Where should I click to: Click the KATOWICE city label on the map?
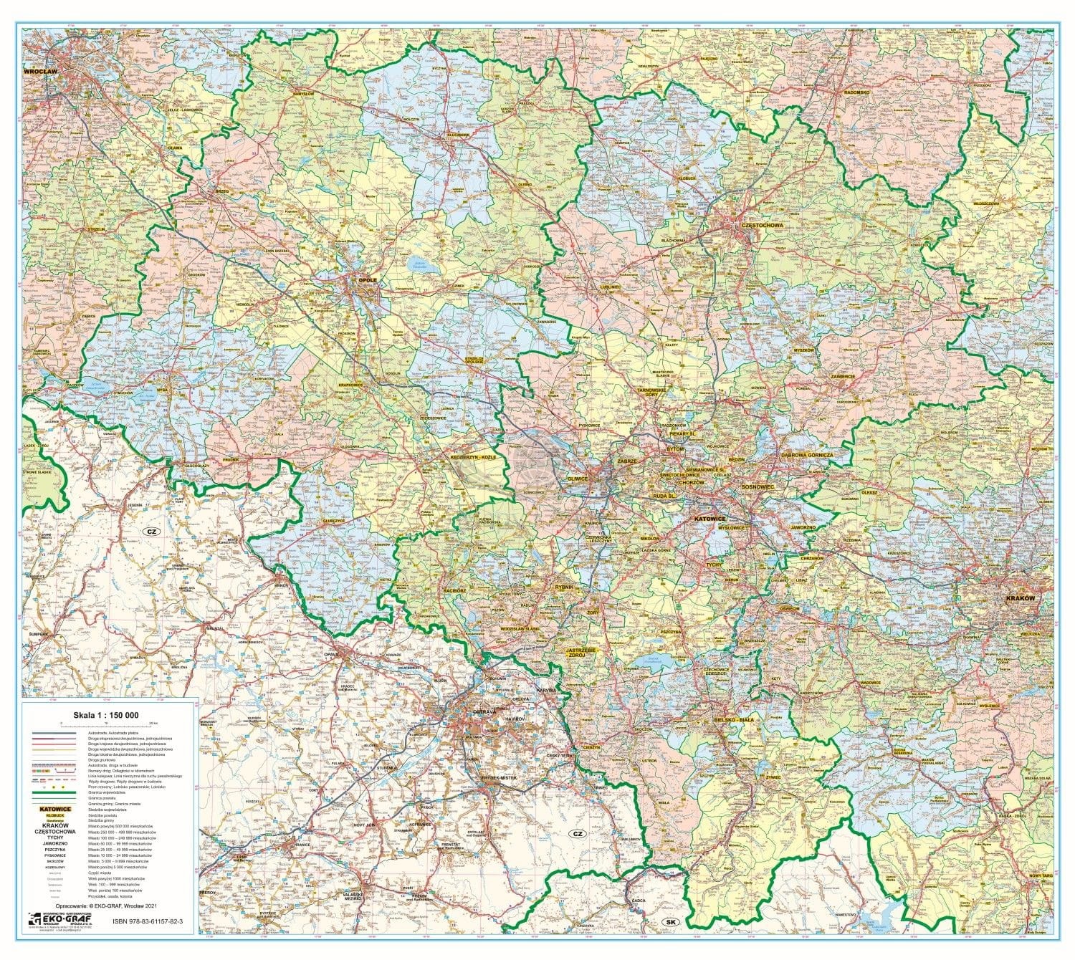coord(709,517)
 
